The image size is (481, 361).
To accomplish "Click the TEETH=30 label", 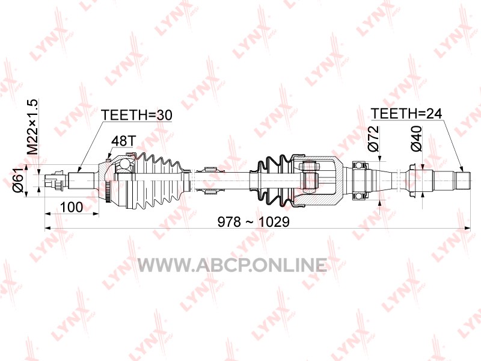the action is (136, 115).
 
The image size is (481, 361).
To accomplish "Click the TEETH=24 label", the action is (406, 114).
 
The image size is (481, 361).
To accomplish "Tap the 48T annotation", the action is (123, 141).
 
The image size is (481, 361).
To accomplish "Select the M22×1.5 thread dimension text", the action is (32, 127).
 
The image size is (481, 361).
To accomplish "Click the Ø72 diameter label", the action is (373, 138).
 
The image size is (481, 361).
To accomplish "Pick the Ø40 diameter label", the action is (416, 138).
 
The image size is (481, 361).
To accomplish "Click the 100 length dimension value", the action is (71, 208).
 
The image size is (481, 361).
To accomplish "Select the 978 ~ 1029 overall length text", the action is (253, 221).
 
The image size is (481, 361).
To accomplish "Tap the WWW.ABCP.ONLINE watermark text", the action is (232, 265).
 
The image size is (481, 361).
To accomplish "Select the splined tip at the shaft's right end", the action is (463, 181).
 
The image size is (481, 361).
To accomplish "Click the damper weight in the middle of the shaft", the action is (210, 180).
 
